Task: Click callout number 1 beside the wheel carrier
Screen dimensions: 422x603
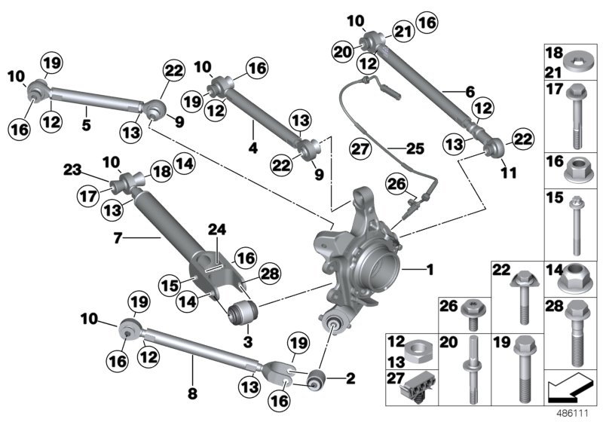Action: tap(430, 268)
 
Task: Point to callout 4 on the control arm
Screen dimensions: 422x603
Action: tap(253, 149)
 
